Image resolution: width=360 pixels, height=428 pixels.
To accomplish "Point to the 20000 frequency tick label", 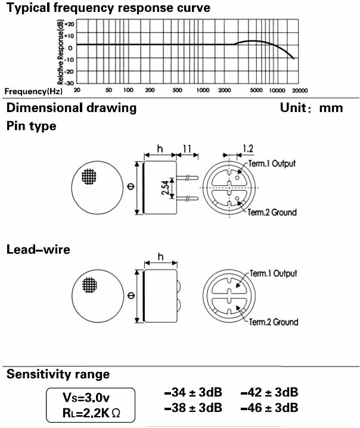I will tap(299, 90).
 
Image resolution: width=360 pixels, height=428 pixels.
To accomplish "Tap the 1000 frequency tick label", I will tap(203, 90).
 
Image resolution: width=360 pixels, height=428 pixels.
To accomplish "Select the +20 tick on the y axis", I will tap(70, 24).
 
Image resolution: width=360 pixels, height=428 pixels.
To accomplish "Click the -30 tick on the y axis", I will tap(70, 83).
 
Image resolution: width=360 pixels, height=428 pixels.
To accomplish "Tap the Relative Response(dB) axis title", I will tap(61, 52).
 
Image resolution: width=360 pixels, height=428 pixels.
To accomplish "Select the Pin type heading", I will tap(31, 126).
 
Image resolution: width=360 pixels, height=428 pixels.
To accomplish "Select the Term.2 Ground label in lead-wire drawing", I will tap(274, 322).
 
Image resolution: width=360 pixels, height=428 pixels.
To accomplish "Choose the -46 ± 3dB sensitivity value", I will tap(269, 408).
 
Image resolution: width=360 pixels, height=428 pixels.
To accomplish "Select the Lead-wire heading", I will tap(38, 249).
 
